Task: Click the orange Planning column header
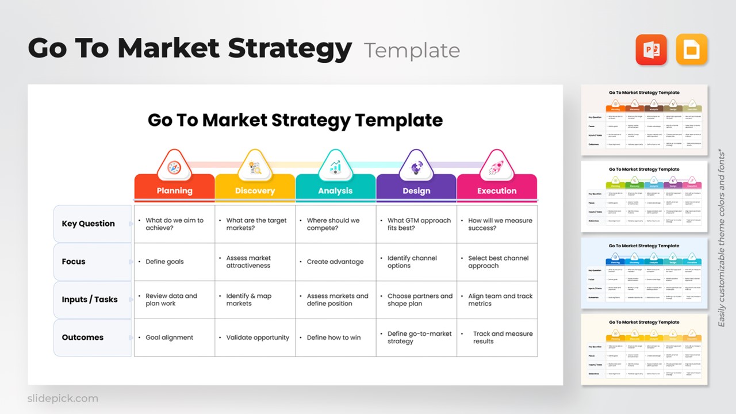tap(174, 190)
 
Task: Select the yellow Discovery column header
tap(255, 190)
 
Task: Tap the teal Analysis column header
tap(335, 190)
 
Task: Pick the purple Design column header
tap(416, 190)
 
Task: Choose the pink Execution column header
tap(497, 190)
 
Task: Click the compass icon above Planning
tap(174, 167)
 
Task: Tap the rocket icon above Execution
tap(497, 167)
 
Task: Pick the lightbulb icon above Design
tap(416, 167)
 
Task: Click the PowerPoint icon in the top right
tap(651, 49)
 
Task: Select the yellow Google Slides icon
tap(692, 49)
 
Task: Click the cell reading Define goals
tap(174, 262)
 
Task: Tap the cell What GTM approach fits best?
tap(416, 224)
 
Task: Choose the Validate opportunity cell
tap(255, 338)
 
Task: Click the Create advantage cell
tap(336, 262)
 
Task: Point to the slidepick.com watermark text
tap(63, 398)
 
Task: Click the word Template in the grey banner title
tap(412, 51)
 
